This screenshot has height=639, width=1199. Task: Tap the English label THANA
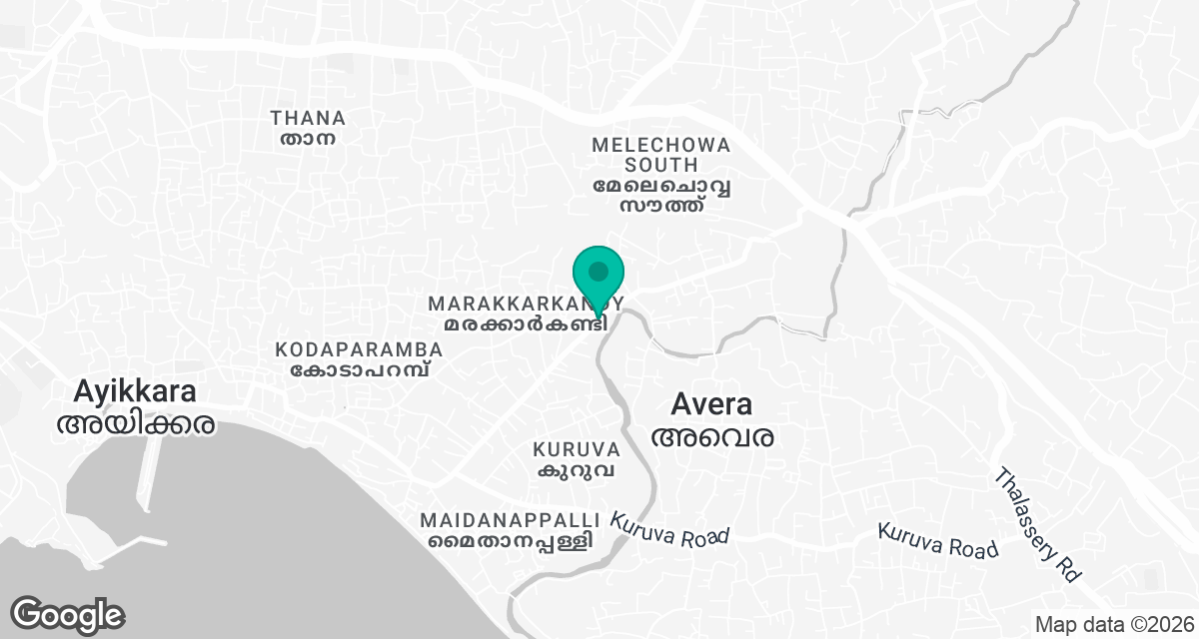click(x=308, y=118)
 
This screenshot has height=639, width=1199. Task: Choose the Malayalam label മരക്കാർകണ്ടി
click(x=526, y=324)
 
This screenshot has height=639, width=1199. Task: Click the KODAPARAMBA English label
click(x=359, y=349)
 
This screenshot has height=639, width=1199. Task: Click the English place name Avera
click(x=711, y=404)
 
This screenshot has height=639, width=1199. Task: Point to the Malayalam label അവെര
click(x=712, y=436)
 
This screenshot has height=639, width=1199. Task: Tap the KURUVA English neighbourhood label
click(x=578, y=450)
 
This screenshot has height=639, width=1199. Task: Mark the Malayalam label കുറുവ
click(x=578, y=470)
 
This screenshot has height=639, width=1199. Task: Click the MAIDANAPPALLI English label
click(x=510, y=521)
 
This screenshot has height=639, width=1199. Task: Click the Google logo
click(x=67, y=614)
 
